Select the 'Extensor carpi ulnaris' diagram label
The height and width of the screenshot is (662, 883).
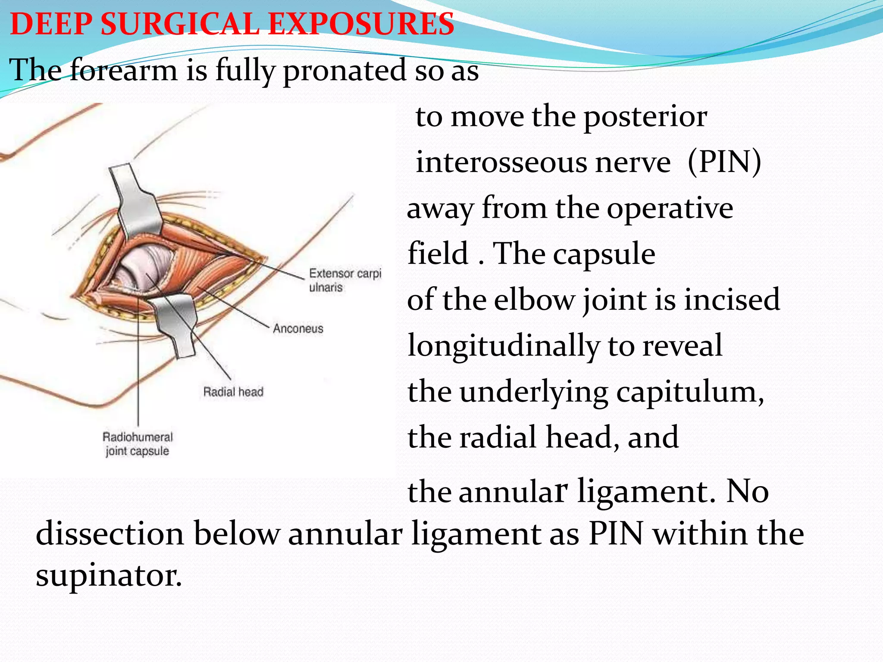coord(345,280)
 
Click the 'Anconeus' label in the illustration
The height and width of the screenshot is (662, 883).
coord(298,329)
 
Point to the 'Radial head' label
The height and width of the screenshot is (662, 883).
coord(233,392)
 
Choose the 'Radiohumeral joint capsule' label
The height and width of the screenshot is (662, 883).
coord(138,444)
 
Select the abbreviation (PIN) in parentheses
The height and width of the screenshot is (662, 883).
coord(724,162)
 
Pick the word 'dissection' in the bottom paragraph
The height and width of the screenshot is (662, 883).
coord(110,534)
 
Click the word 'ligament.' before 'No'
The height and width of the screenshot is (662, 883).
coord(647,491)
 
